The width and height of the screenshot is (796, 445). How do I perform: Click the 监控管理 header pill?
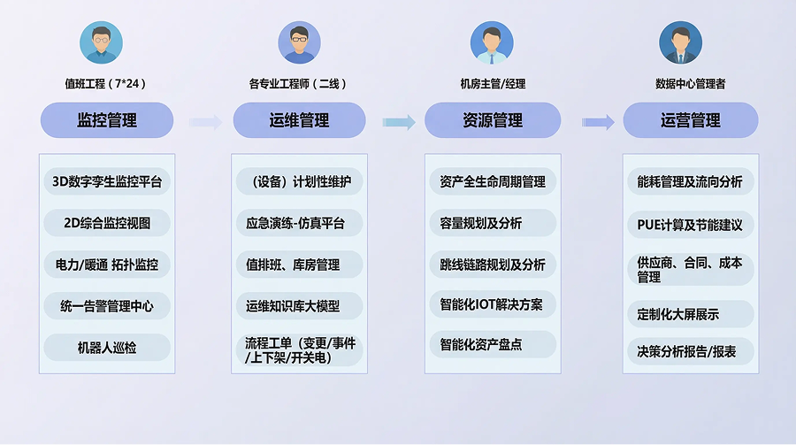107,120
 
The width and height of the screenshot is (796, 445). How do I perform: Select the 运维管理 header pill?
299,120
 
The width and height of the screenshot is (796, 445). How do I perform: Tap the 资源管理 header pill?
493,120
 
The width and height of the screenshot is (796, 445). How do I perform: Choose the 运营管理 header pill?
690,120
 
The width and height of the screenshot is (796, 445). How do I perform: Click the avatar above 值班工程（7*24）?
102,42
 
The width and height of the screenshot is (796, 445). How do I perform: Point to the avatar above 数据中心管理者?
680,42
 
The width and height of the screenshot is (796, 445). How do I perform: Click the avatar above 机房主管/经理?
492,42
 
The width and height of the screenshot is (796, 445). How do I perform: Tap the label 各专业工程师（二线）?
298,84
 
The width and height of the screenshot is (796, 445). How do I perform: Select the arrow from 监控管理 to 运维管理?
205,122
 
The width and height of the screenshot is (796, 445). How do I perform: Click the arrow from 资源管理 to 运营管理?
598,122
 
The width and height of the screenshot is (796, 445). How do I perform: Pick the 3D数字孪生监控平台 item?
107,182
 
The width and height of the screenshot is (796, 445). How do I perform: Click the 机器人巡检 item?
107,348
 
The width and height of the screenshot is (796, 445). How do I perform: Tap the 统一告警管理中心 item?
107,306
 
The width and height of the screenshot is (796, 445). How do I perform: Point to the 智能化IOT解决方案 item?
492,305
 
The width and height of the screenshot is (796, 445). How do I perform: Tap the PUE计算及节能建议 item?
690,224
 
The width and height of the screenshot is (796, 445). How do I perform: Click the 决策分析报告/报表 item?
690,351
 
